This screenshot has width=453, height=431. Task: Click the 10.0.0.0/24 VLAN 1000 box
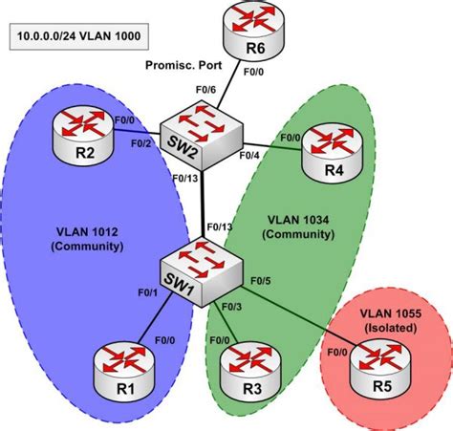pos(75,39)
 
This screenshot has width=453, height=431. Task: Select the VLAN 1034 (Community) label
pos(296,225)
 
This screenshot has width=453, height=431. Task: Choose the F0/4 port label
pos(249,155)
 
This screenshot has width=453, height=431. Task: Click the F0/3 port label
pos(232,306)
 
